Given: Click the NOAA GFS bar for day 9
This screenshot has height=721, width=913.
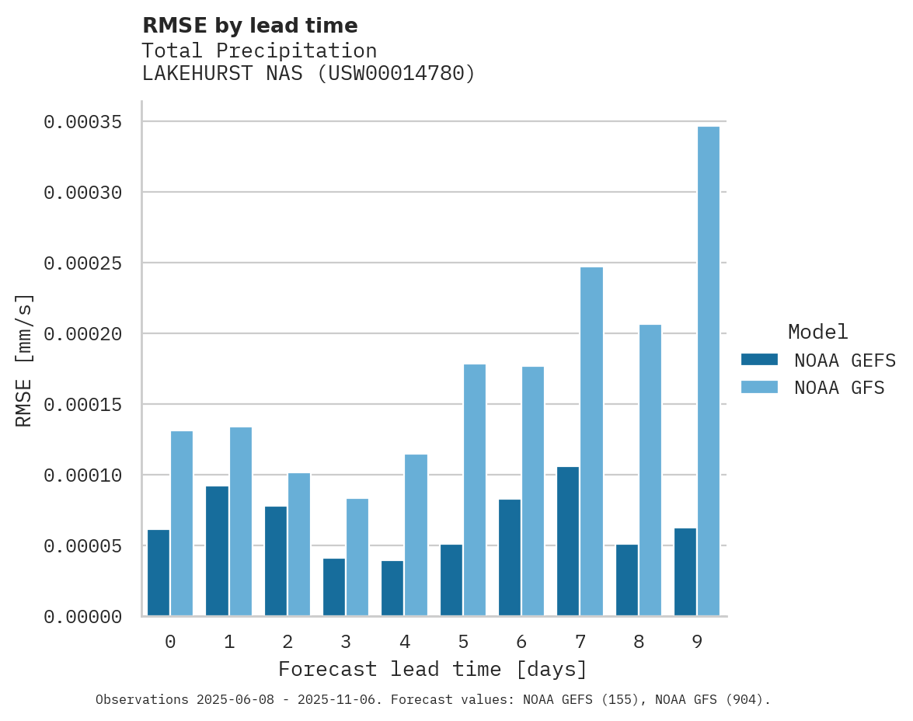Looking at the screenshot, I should (x=708, y=371).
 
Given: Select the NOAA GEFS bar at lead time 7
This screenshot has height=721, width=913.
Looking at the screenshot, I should (x=568, y=542).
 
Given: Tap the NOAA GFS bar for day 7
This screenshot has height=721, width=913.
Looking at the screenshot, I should (x=591, y=441).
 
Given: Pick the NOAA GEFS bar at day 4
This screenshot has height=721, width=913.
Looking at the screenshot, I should (x=392, y=588).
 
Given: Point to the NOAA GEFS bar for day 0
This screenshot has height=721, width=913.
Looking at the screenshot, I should (x=159, y=573).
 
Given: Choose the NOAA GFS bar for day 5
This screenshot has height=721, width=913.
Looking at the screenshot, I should (x=474, y=489).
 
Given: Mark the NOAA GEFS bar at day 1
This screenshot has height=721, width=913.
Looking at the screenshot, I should (x=217, y=551).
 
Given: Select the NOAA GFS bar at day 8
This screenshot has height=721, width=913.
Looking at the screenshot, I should (x=650, y=470).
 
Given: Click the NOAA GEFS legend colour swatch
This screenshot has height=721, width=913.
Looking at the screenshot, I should (x=759, y=360).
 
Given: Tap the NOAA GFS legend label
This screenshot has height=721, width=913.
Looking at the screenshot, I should (x=839, y=387).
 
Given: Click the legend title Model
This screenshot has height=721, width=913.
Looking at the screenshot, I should (x=817, y=332).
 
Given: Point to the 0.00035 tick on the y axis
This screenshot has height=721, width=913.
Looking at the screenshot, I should (x=82, y=122).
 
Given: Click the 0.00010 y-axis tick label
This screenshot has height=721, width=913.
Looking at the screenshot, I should (x=82, y=475).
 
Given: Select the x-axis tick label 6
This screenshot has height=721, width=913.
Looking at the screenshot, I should (x=521, y=643).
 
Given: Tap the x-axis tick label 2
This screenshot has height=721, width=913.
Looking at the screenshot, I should (x=287, y=643).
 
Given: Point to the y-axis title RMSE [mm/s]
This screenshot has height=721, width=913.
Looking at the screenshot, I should (x=24, y=360).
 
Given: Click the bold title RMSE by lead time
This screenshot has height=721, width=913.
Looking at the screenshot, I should (x=249, y=26).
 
